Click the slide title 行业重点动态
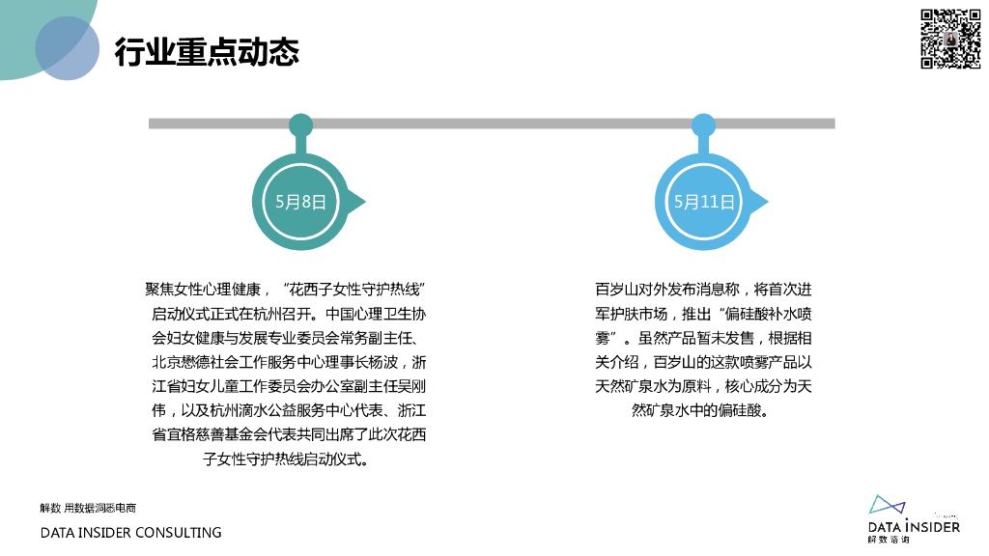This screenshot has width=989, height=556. coord(207,51)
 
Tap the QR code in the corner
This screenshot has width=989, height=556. coord(949,39)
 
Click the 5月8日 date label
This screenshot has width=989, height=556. coord(300,202)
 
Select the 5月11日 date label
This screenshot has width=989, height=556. coord(704,202)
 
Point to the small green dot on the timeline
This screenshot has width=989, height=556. coord(300,125)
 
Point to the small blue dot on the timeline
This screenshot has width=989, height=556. coord(703,125)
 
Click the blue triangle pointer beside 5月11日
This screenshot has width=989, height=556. coord(759,202)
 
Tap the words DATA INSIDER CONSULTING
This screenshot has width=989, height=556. coord(130,533)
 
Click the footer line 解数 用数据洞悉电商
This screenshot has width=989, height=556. coord(88,508)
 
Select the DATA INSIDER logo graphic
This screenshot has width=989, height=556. coord(888,506)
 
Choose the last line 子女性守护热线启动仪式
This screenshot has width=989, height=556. coord(286,459)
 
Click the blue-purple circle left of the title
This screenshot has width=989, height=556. coord(68,48)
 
